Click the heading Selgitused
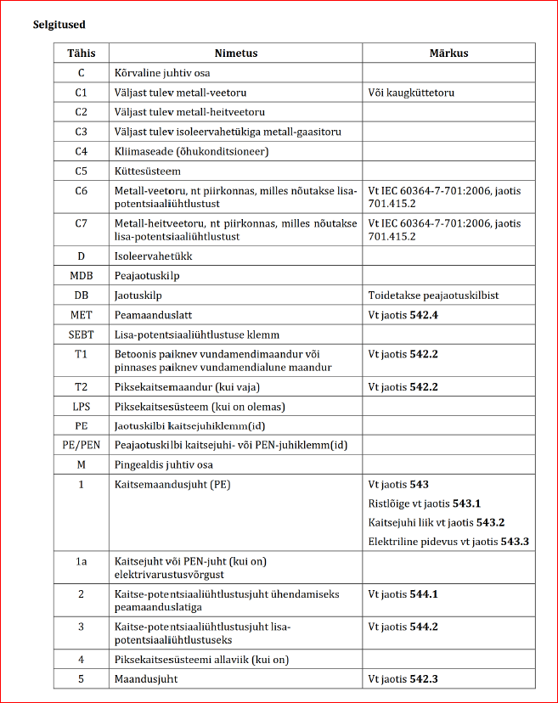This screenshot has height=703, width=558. [x=59, y=25]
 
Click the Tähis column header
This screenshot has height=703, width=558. [x=82, y=53]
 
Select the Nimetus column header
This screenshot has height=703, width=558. [x=236, y=53]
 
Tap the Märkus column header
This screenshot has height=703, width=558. [x=448, y=53]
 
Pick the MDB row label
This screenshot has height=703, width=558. [x=82, y=276]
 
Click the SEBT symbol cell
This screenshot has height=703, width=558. [x=82, y=335]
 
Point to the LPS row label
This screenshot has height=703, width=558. [x=82, y=407]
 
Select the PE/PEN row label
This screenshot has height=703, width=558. [x=82, y=445]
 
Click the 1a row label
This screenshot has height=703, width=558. [x=82, y=561]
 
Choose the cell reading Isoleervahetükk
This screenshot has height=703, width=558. [x=149, y=256]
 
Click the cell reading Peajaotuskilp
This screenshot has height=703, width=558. [x=147, y=276]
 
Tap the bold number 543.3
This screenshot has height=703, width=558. [x=515, y=541]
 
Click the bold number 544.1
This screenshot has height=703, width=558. [x=423, y=594]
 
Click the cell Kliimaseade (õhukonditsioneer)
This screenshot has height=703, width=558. [x=191, y=151]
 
